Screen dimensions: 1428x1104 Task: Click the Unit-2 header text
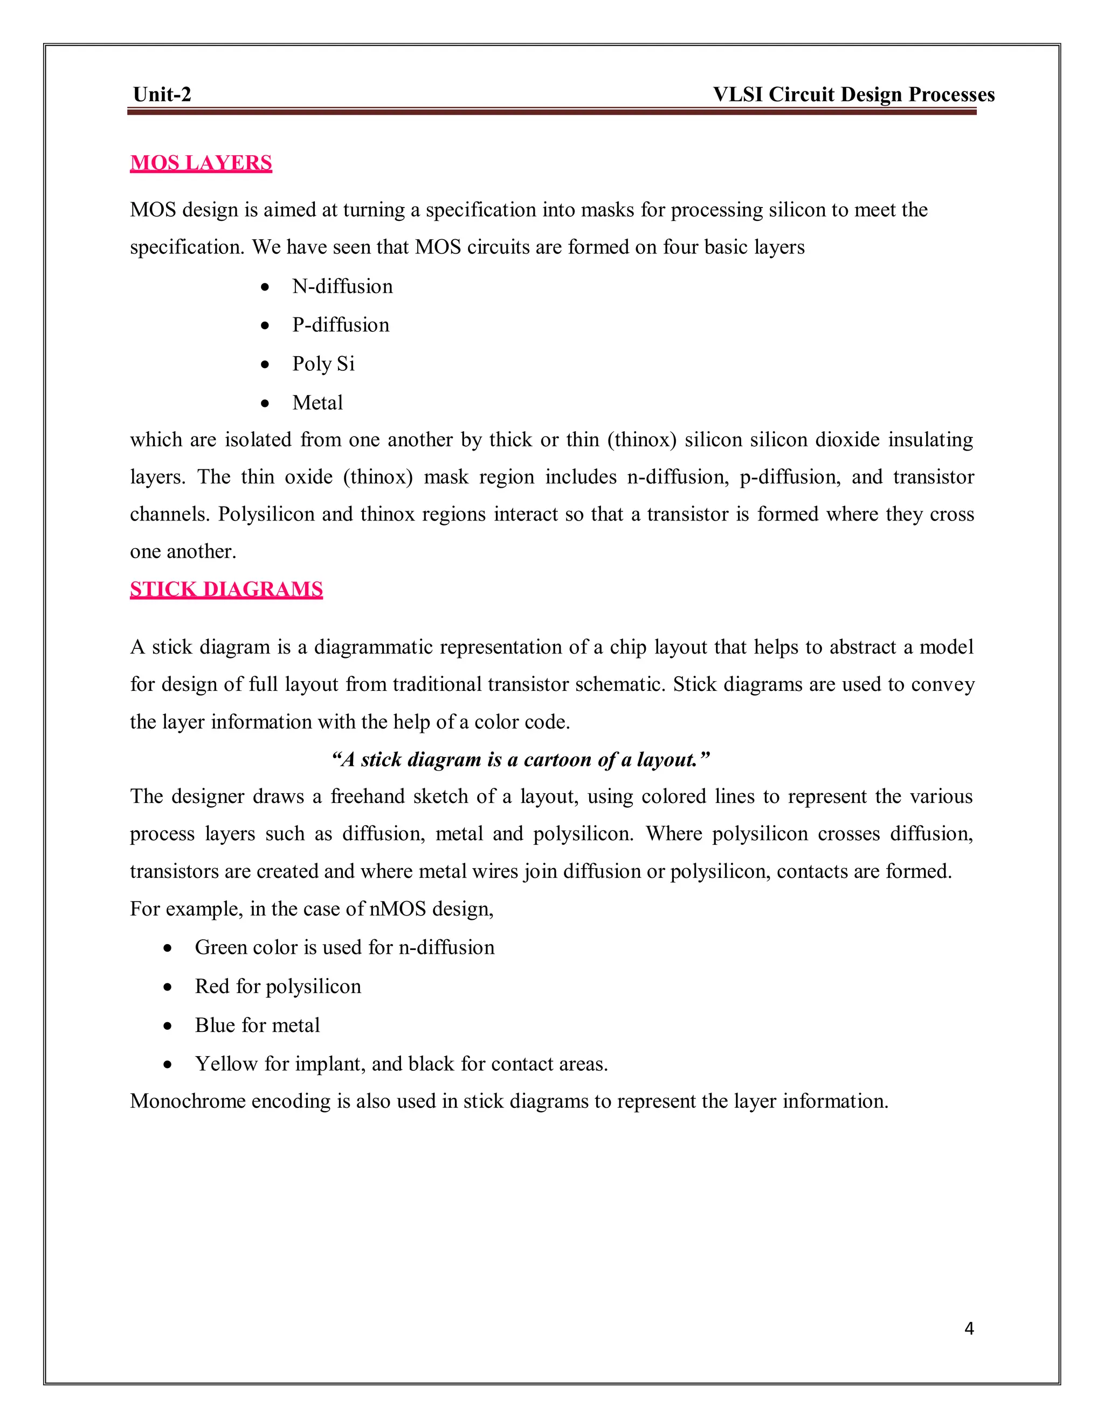coord(162,95)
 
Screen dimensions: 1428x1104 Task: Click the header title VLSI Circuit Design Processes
coord(853,95)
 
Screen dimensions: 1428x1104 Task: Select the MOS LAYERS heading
coord(201,163)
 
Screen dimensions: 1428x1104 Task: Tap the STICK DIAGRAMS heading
coord(226,589)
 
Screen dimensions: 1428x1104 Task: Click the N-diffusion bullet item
coord(342,286)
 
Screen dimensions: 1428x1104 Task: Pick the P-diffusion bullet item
coord(340,325)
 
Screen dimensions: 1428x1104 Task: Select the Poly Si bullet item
coord(323,364)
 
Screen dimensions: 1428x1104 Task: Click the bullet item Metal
coord(317,403)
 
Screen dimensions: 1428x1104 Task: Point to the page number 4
coord(969,1328)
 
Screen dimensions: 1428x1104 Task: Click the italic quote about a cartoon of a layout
coord(520,760)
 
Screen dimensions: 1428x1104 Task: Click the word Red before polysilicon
coord(212,986)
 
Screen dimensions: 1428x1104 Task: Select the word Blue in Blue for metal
coord(215,1025)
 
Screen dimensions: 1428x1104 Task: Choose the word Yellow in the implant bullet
coord(226,1064)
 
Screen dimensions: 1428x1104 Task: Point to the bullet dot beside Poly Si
coord(265,365)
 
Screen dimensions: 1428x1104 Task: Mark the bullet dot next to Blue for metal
coord(168,1026)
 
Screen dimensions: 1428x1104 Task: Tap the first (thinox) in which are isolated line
coord(641,440)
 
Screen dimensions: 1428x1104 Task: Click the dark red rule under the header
coord(551,112)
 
